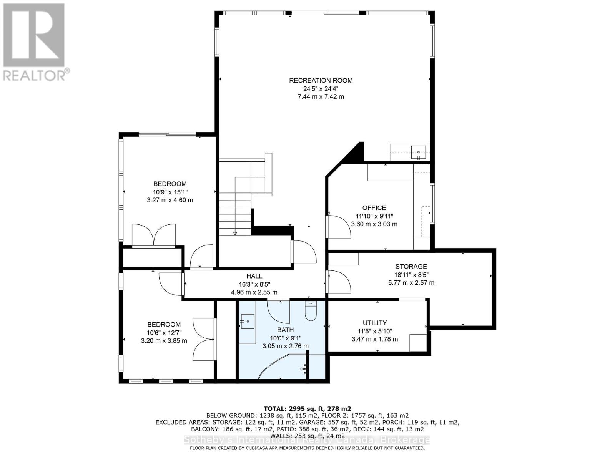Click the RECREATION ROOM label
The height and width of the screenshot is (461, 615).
point(321,80)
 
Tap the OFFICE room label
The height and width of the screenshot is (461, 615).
point(374,208)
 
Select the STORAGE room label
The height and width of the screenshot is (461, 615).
point(411,266)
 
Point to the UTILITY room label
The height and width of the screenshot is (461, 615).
point(375,323)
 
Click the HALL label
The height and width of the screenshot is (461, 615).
point(254,276)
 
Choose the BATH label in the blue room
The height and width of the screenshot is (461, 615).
point(285,330)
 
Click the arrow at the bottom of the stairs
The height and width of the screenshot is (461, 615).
point(235,233)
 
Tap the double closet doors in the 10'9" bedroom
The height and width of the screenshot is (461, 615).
point(153,235)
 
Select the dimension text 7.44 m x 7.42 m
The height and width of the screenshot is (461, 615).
point(321,96)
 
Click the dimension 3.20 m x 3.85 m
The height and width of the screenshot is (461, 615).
point(164,340)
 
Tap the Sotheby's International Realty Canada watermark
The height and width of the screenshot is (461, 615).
point(307,440)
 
